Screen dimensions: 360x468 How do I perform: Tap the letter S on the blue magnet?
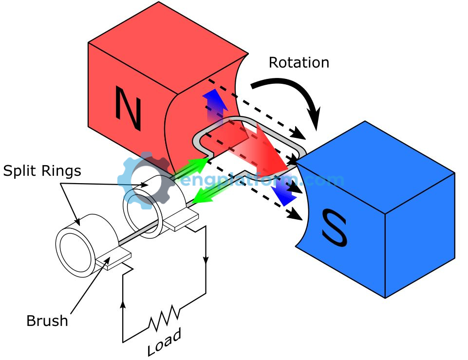pyautogui.click(x=334, y=227)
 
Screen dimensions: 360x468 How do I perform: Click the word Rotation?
pyautogui.click(x=299, y=63)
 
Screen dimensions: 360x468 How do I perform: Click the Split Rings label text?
pyautogui.click(x=42, y=171)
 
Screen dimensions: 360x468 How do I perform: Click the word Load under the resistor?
pyautogui.click(x=164, y=341)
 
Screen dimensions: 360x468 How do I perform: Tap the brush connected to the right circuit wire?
pyautogui.click(x=181, y=221)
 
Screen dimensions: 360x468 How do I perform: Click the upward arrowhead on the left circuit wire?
pyautogui.click(x=122, y=304)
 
